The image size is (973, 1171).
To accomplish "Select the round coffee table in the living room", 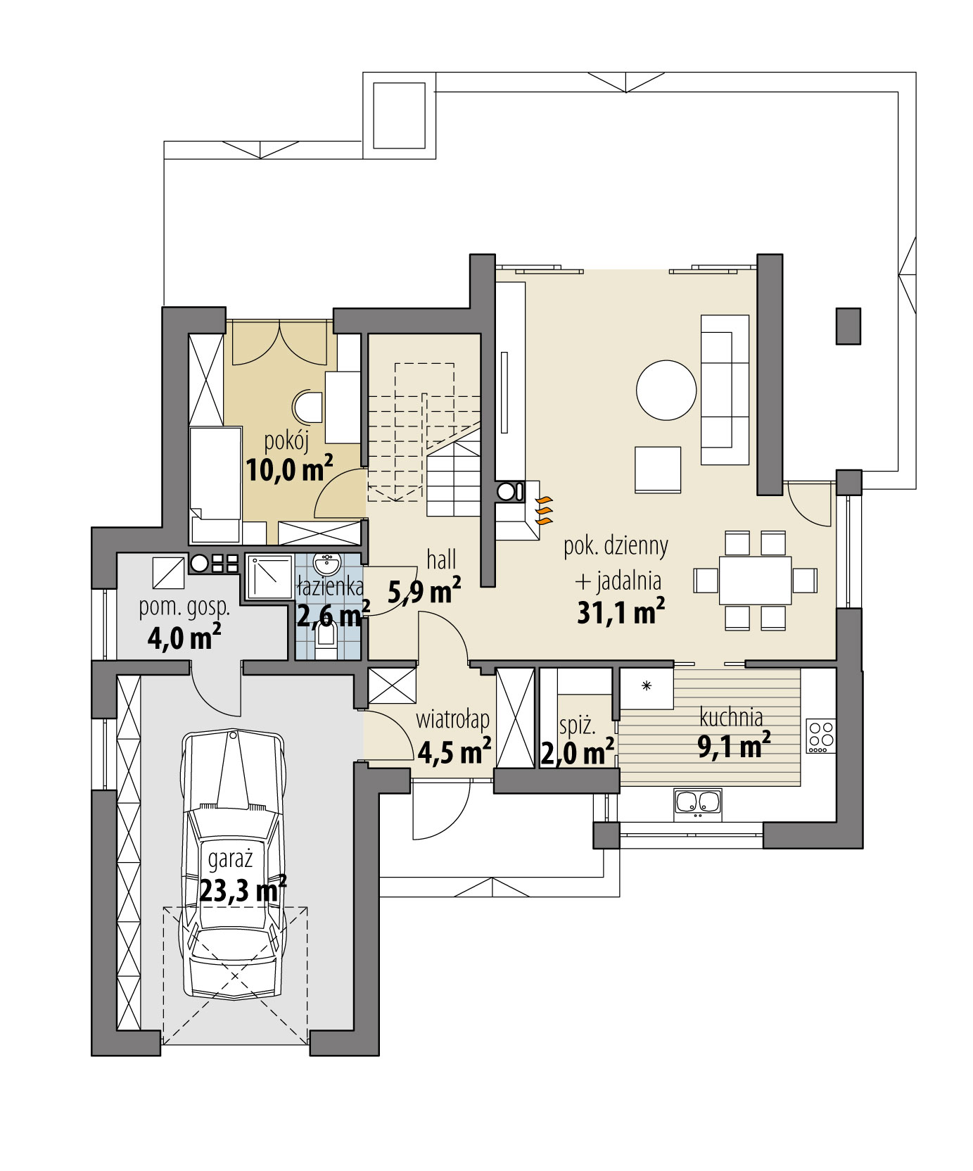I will (x=666, y=391).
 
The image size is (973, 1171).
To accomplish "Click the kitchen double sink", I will (x=698, y=804).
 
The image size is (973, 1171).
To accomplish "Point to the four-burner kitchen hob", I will (x=820, y=735).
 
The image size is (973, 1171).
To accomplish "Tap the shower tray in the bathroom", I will (x=269, y=577).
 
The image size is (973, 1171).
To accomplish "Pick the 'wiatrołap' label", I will (x=452, y=721).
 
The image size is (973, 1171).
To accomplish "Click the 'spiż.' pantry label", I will (x=577, y=725).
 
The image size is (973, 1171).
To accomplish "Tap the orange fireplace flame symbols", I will (x=544, y=511).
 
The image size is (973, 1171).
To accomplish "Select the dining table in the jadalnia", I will (x=755, y=580).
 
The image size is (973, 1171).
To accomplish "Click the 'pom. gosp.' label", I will (x=184, y=607).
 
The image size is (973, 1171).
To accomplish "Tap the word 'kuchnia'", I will (x=731, y=717).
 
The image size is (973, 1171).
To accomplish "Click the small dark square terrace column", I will (x=848, y=326).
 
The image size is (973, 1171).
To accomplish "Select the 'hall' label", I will (x=441, y=560).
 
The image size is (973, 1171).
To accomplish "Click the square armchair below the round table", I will (x=657, y=469).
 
